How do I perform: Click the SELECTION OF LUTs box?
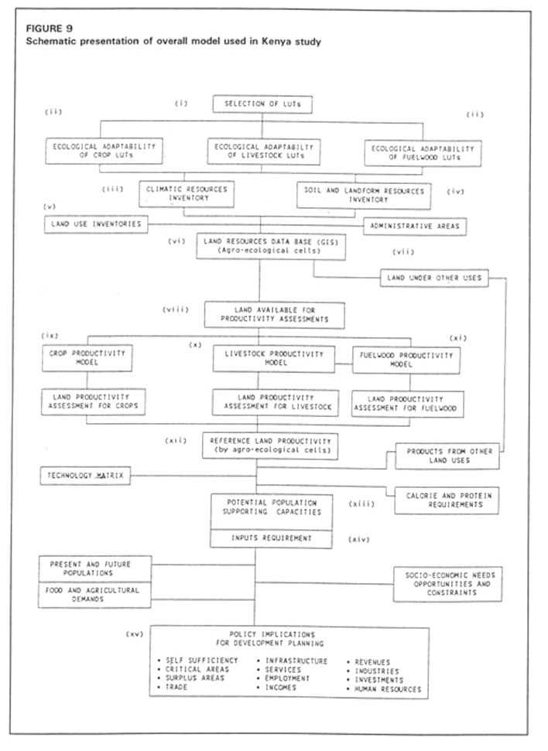pos(262,104)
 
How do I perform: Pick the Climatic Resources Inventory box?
pos(187,193)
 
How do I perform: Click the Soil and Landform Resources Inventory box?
pos(363,195)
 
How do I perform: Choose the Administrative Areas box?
pos(416,226)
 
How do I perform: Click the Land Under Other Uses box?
pos(434,277)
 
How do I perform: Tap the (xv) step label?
pos(136,633)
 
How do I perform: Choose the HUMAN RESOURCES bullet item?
pos(389,688)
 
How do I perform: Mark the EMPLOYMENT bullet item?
pos(286,678)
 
